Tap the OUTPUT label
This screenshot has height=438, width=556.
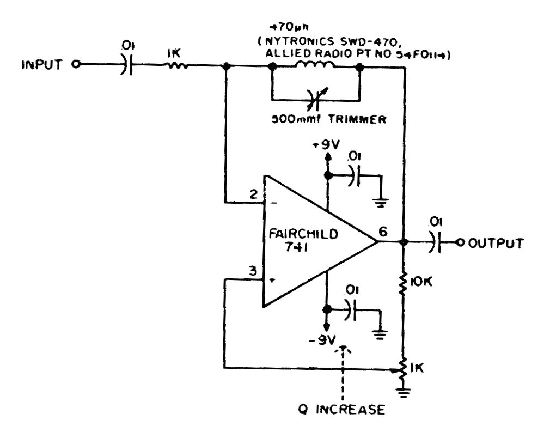(496, 243)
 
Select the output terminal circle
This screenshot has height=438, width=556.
(459, 243)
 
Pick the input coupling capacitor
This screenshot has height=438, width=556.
(125, 65)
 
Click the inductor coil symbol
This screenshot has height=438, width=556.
(315, 66)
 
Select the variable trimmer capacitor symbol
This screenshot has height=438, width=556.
(315, 99)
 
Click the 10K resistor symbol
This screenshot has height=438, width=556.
(404, 283)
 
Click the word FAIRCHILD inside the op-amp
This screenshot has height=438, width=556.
(303, 235)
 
